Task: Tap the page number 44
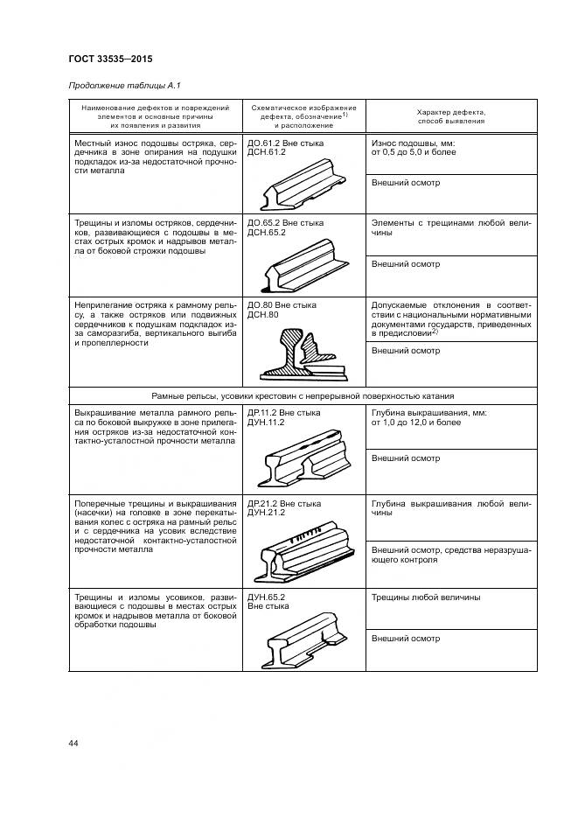[x=73, y=743]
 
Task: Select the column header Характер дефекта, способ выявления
[x=450, y=117]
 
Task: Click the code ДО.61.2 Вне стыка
[x=285, y=142]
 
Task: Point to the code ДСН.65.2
[x=268, y=233]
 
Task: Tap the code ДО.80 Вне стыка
[x=282, y=305]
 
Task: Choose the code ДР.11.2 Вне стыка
[x=285, y=411]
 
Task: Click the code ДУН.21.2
[x=268, y=514]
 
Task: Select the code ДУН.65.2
[x=268, y=598]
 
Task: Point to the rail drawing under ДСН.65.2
[x=303, y=268]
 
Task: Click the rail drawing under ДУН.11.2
[x=303, y=455]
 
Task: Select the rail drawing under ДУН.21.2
[x=303, y=551]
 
